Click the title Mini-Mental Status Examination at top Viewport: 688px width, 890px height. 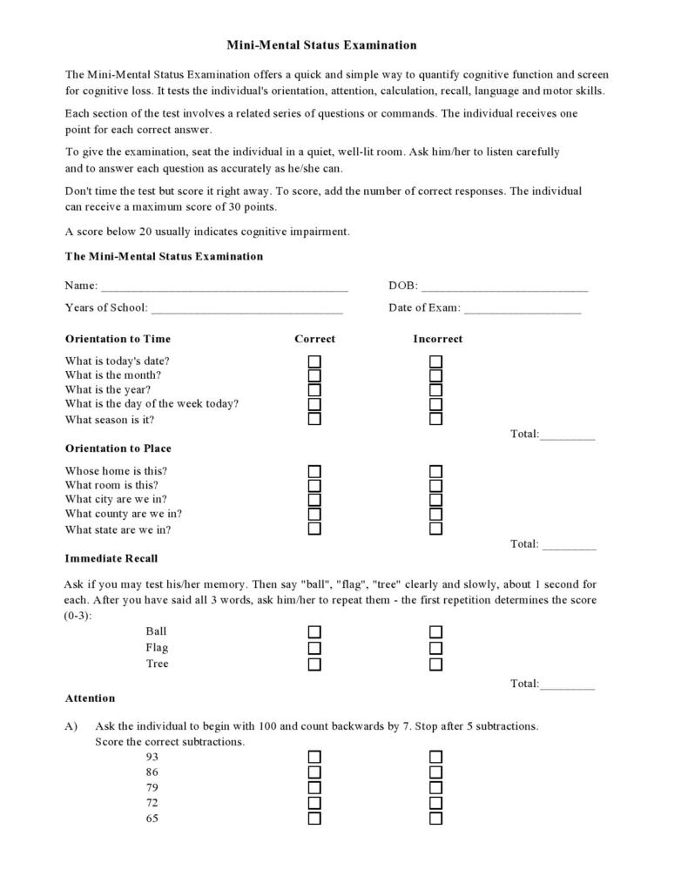pos(322,45)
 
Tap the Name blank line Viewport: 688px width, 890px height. pos(224,287)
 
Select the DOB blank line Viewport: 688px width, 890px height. pos(504,287)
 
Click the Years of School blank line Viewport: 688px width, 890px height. pos(246,309)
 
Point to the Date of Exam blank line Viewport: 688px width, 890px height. pos(523,309)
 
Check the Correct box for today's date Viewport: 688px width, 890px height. pos(314,361)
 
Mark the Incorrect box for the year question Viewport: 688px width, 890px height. pos(436,390)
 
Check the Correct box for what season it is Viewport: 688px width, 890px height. pos(314,419)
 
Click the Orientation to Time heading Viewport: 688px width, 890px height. pos(118,339)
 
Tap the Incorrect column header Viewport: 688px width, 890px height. pos(437,339)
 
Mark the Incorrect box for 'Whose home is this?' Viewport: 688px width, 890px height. pos(436,471)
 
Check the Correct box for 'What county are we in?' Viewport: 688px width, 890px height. pos(314,514)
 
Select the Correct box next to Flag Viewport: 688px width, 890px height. pos(314,648)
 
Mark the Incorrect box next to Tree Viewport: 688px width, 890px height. pos(436,664)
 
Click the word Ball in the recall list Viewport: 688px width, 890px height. pos(156,631)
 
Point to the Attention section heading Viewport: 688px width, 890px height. pos(90,698)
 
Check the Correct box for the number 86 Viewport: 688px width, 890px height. pos(314,772)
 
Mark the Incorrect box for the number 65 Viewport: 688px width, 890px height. pos(436,819)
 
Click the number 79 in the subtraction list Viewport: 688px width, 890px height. pos(152,787)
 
